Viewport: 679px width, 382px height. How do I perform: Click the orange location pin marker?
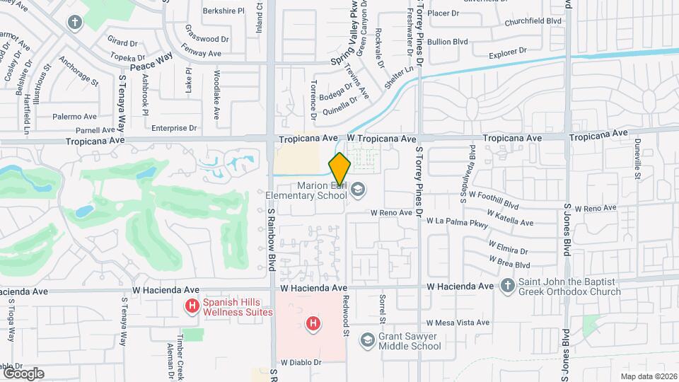click(339, 168)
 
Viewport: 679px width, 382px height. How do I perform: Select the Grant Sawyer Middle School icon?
click(367, 340)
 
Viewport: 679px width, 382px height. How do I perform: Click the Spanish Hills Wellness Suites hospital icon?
click(191, 306)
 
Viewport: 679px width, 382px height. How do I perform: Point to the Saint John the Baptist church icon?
click(506, 286)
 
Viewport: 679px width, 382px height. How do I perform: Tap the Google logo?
click(23, 373)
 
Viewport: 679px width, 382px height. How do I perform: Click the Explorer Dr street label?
click(508, 52)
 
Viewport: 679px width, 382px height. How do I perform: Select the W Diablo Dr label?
click(301, 362)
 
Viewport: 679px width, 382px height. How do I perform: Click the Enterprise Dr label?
click(173, 128)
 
